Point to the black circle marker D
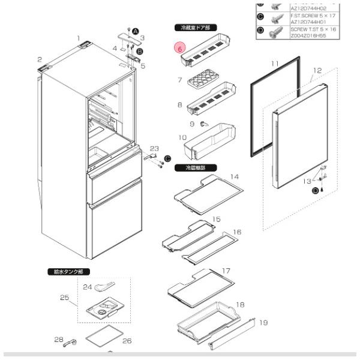coord(316,191)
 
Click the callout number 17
coord(226,271)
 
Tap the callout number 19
coord(263,323)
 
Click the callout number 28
coord(59,340)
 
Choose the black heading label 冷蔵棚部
coord(191,169)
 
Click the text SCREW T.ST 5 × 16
coord(307,29)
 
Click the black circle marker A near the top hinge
coord(135,31)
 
